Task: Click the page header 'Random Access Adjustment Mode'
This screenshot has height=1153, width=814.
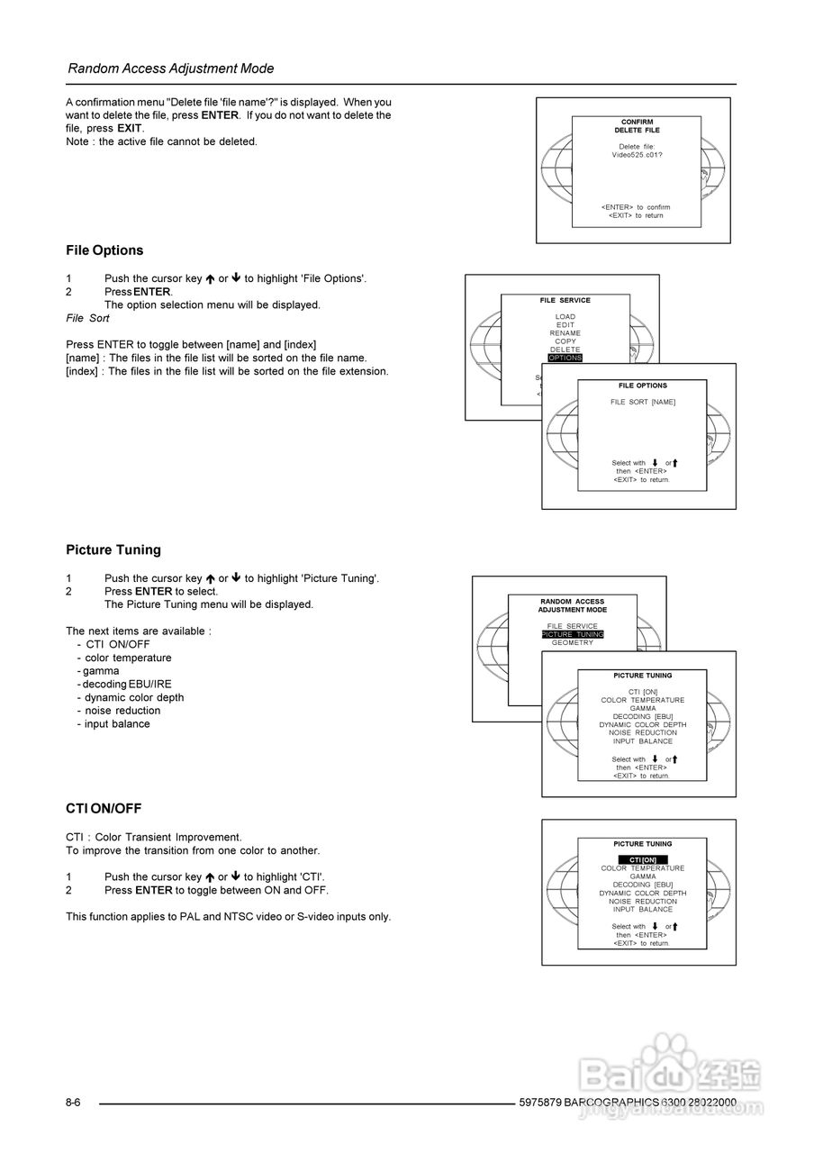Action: tap(171, 68)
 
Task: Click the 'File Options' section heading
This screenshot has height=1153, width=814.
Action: tap(104, 250)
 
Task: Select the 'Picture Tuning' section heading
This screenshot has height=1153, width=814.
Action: tap(113, 549)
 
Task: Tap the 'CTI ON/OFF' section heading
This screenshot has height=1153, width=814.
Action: tap(104, 809)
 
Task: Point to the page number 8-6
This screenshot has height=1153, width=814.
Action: tap(73, 1103)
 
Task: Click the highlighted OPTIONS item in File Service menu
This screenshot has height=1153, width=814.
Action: tap(565, 358)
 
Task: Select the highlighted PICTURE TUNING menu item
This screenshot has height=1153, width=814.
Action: tap(573, 635)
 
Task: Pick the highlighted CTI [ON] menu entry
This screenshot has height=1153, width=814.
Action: tap(642, 860)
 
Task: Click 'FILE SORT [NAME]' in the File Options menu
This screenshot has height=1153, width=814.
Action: tap(642, 402)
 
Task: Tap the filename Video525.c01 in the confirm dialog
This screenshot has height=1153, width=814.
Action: tap(637, 155)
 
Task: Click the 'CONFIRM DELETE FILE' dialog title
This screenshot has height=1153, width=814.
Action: tap(637, 126)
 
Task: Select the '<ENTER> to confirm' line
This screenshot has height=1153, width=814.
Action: tap(636, 207)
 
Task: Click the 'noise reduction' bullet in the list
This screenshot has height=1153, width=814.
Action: tap(122, 711)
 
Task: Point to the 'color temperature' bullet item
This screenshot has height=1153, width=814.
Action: tap(128, 658)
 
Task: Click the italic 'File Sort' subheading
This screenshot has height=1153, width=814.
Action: tap(87, 318)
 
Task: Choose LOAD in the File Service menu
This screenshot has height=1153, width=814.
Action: tap(565, 317)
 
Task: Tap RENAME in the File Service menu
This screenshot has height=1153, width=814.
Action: tap(565, 333)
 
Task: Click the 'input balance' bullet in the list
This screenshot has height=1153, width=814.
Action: tap(117, 724)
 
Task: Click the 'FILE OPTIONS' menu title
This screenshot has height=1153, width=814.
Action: tap(642, 386)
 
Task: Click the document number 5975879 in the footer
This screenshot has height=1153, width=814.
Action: tap(540, 1103)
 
